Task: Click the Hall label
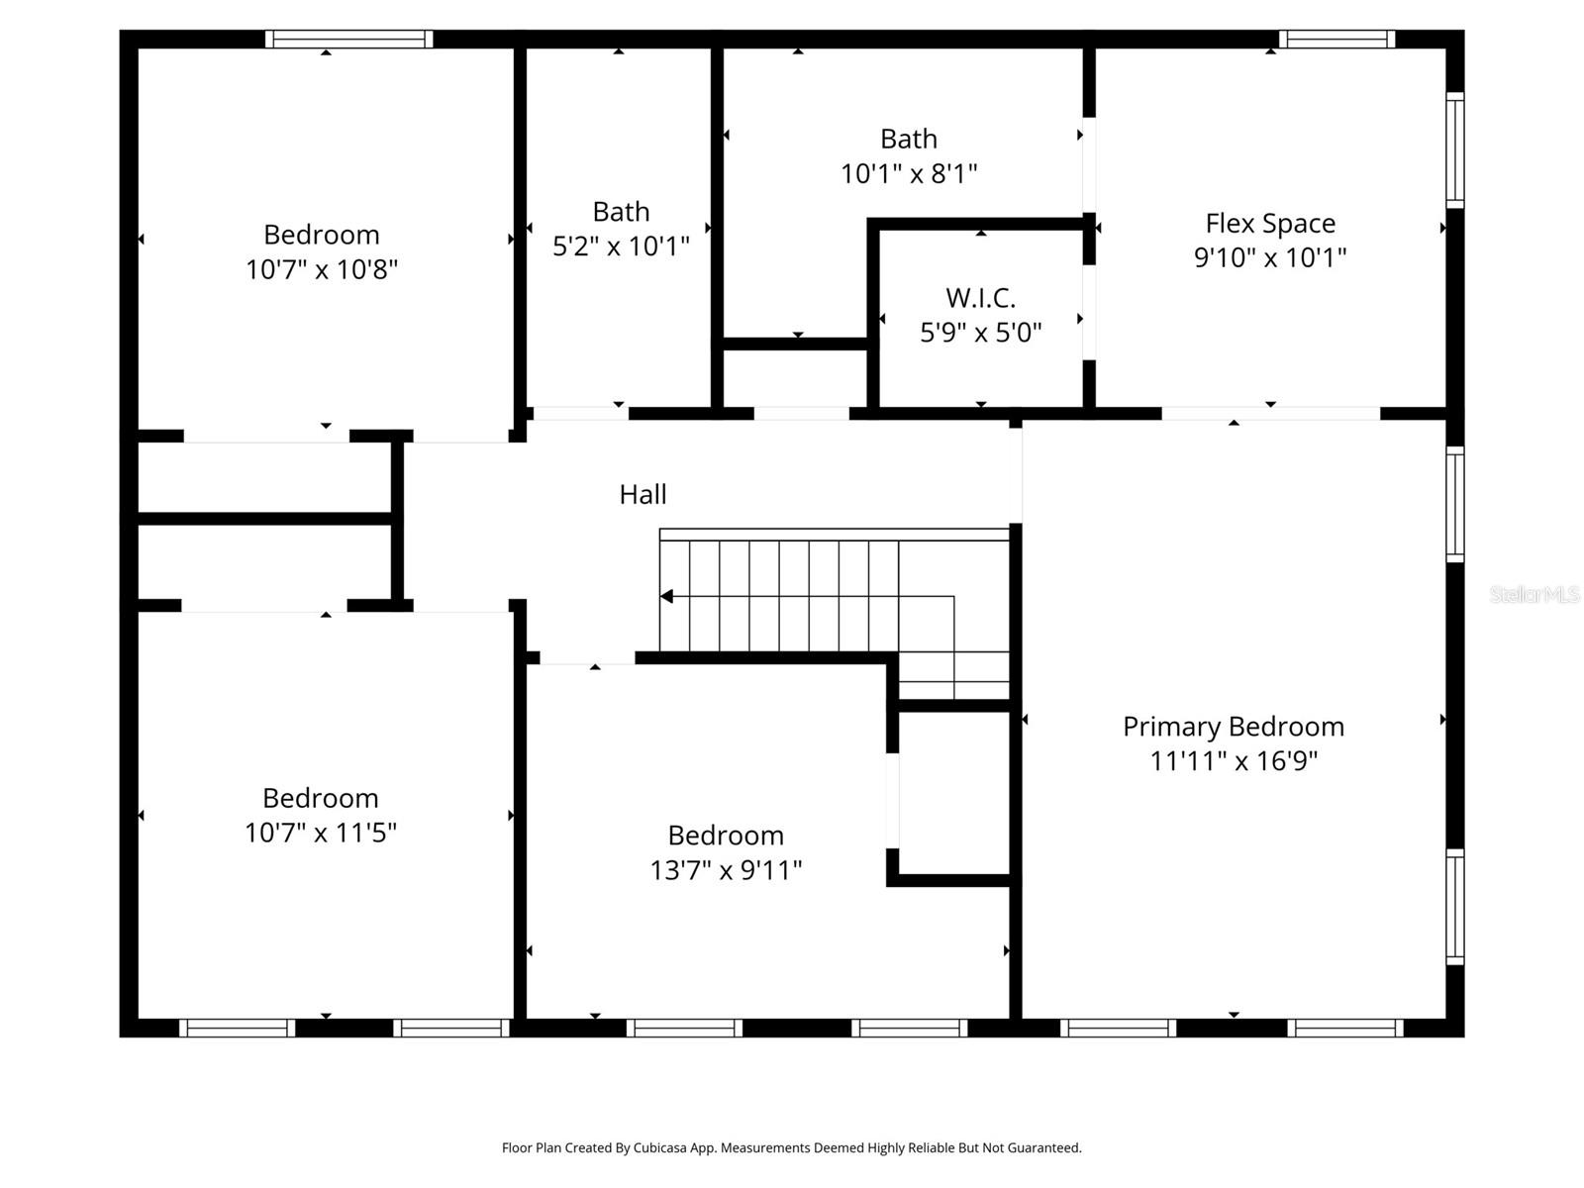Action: coord(643,494)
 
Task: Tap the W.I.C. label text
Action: coord(980,297)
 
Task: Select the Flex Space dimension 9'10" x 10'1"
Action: coord(1270,257)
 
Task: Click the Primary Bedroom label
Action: coord(1233,726)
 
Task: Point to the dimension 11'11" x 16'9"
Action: coord(1233,761)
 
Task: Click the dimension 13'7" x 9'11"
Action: coord(726,870)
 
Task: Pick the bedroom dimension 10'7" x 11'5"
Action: coord(320,833)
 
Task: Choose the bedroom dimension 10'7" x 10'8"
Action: coord(321,269)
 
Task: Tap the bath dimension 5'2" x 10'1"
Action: coord(621,247)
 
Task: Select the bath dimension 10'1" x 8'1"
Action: coord(909,174)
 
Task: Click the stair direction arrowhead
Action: coord(666,596)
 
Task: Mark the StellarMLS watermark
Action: coord(1534,595)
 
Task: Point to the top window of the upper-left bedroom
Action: coord(348,40)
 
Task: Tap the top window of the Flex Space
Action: coord(1336,40)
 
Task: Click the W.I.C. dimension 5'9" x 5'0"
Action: coord(980,333)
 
